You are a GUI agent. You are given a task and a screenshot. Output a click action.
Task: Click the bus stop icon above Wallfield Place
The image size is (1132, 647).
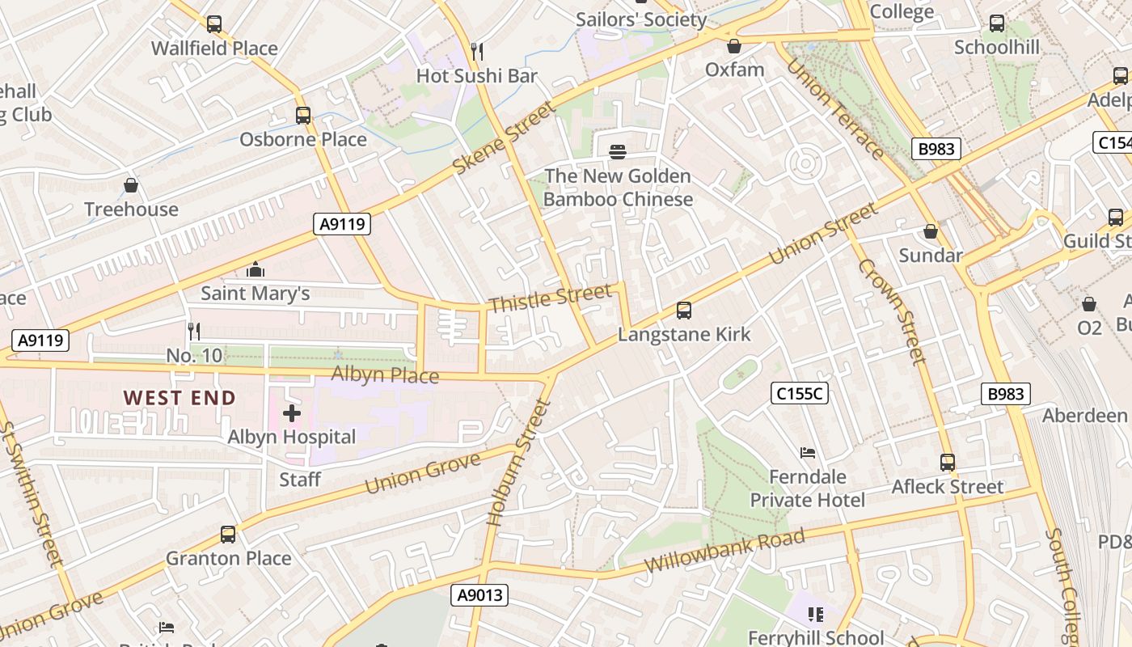214,24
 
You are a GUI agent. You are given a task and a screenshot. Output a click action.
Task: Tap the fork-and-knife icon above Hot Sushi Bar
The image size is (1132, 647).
477,52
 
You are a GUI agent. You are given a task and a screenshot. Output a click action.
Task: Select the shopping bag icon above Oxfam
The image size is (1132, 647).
734,46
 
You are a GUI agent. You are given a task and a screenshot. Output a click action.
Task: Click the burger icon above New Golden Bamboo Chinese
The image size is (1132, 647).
618,151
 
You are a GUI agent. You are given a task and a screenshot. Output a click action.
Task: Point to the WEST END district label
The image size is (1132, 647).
180,398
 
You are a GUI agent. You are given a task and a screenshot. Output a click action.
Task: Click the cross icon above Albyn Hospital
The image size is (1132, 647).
292,413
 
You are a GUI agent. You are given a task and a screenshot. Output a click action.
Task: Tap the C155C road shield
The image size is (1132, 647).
800,394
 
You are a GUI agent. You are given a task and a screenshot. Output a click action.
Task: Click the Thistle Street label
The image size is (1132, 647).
550,298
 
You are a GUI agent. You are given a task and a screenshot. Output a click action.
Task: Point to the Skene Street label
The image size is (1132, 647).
505,137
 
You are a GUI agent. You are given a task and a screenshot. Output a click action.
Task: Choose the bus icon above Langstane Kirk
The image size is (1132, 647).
684,311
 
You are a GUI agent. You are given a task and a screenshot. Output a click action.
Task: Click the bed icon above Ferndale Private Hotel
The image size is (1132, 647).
807,453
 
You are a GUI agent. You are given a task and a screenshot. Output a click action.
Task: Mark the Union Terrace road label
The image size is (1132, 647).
835,110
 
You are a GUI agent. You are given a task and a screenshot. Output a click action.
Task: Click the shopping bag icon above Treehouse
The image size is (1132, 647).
131,186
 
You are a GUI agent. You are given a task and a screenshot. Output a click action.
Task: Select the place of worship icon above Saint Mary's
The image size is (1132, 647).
256,269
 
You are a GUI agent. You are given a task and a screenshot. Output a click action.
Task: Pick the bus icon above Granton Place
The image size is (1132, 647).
228,535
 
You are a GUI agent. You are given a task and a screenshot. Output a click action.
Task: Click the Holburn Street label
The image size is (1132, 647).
520,463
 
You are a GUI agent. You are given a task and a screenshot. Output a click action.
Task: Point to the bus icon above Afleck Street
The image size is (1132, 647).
948,463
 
